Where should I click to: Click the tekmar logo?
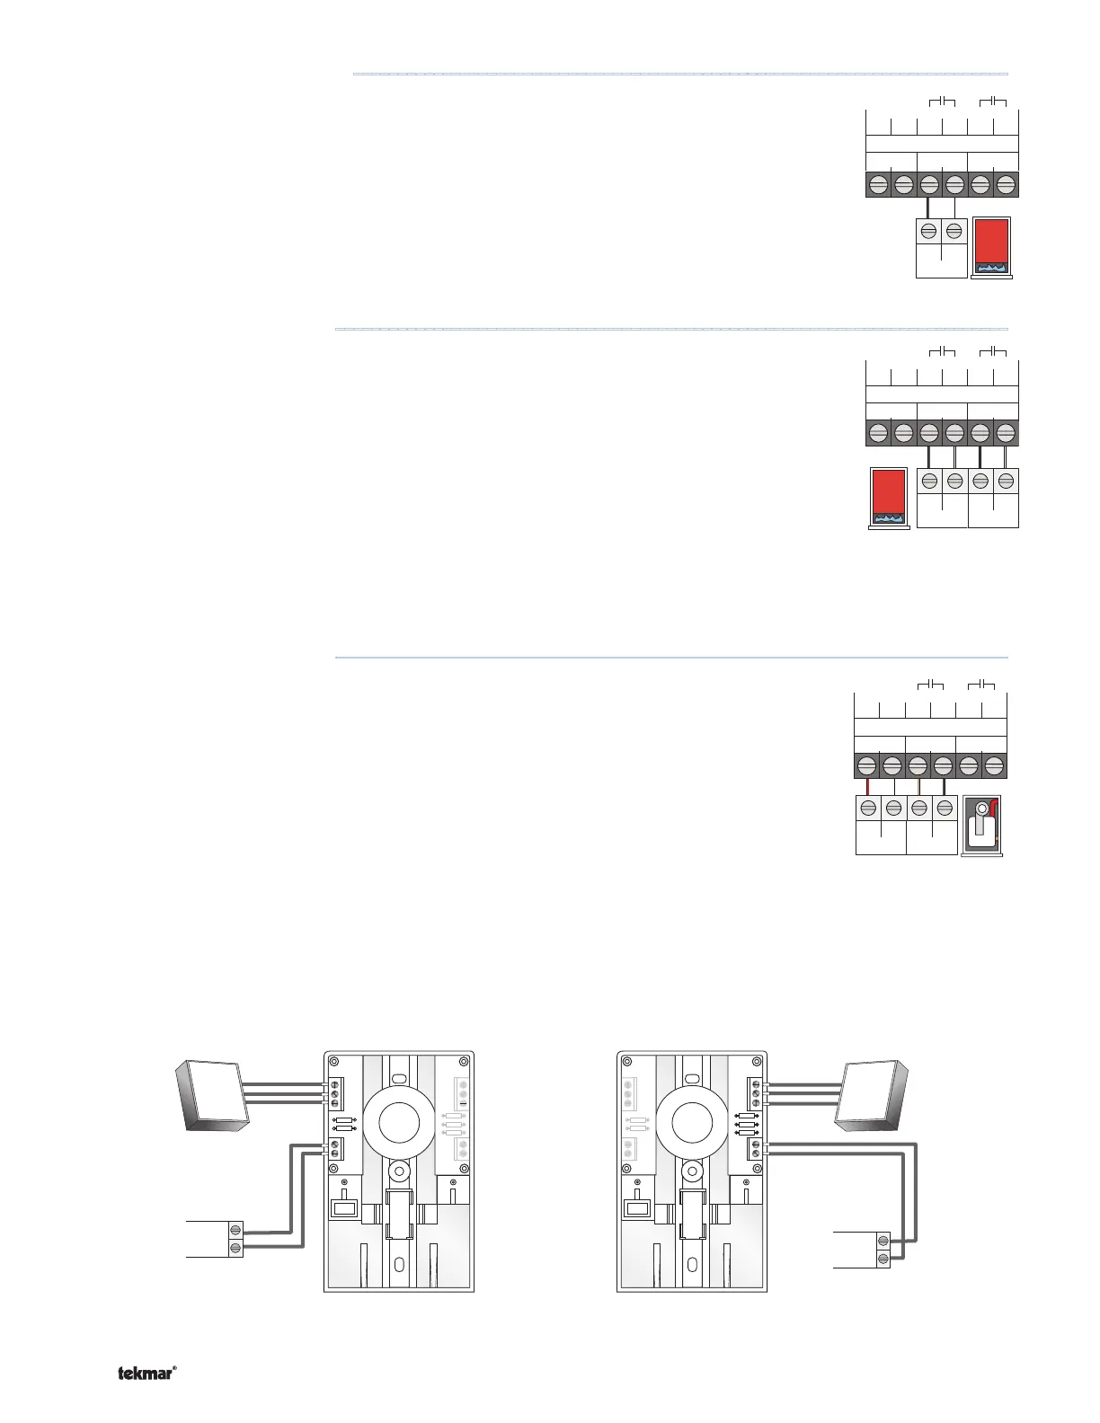pos(146,1373)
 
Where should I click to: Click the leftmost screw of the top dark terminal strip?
pos(878,184)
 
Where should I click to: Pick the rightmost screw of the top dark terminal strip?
pos(1006,184)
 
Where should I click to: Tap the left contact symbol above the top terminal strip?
pos(941,101)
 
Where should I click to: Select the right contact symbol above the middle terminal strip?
pos(992,349)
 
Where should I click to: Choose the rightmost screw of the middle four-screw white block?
pos(1007,480)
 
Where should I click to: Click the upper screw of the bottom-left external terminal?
pos(235,1231)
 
